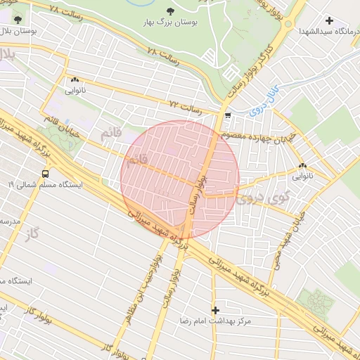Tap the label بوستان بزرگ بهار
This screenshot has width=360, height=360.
coord(172,23)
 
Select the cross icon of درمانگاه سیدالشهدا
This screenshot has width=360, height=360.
coord(329,20)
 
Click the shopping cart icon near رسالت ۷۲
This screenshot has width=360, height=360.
coord(227,115)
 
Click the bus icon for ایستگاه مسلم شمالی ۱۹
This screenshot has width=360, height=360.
coord(46,173)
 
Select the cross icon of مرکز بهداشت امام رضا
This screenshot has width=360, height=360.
coord(215,310)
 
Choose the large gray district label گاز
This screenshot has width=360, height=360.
coord(29,233)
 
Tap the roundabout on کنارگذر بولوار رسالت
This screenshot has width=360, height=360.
coord(288,23)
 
